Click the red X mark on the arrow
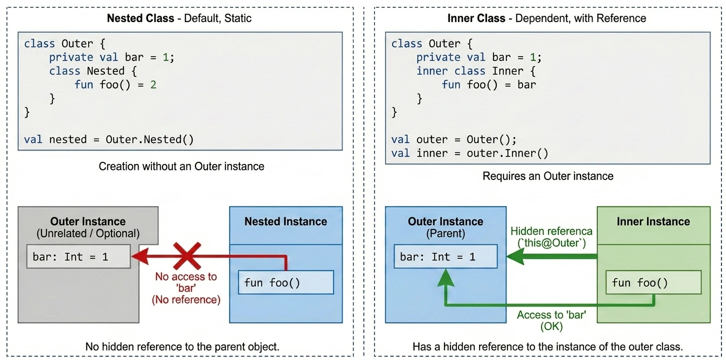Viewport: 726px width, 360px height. pyautogui.click(x=187, y=256)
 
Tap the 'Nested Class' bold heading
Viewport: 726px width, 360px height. pyautogui.click(x=140, y=18)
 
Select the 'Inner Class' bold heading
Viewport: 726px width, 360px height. pyautogui.click(x=476, y=18)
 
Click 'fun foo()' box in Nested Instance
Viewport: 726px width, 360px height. pyautogui.click(x=286, y=282)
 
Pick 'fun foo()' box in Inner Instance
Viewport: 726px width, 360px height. pyautogui.click(x=653, y=282)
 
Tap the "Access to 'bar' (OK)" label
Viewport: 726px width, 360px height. pyautogui.click(x=551, y=320)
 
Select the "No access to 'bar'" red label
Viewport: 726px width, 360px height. pyautogui.click(x=186, y=287)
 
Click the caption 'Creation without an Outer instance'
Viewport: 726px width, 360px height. pyautogui.click(x=181, y=166)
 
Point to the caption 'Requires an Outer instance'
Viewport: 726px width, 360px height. pyautogui.click(x=547, y=176)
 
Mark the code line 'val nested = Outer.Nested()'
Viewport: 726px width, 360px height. pyautogui.click(x=109, y=139)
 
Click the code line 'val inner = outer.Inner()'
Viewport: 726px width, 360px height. pyautogui.click(x=469, y=153)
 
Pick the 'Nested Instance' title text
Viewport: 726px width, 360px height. pyautogui.click(x=285, y=221)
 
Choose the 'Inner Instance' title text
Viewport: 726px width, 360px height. pyautogui.click(x=653, y=221)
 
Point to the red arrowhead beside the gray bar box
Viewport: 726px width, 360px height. pyautogui.click(x=140, y=256)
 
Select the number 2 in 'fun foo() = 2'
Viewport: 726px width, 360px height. pyautogui.click(x=153, y=84)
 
